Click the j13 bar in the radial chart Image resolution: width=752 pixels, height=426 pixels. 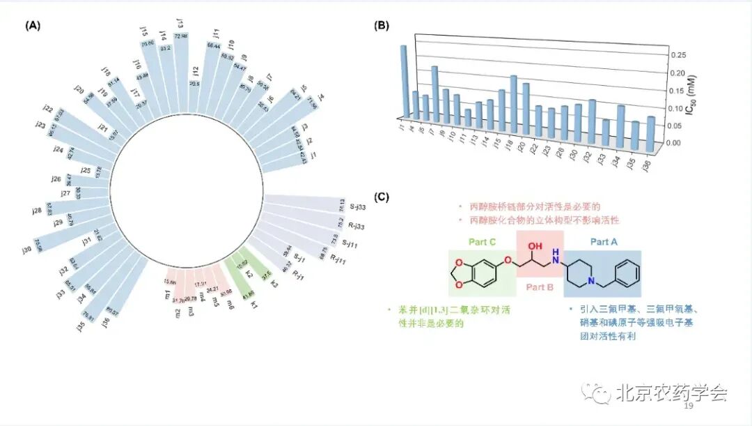pos(181,63)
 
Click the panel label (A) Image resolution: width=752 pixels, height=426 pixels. pos(33,26)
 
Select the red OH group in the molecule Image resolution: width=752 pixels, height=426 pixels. pos(535,245)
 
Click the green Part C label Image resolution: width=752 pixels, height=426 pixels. pos(482,243)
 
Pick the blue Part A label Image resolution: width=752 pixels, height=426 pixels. pos(603,241)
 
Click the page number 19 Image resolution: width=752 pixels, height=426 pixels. pos(689,406)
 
